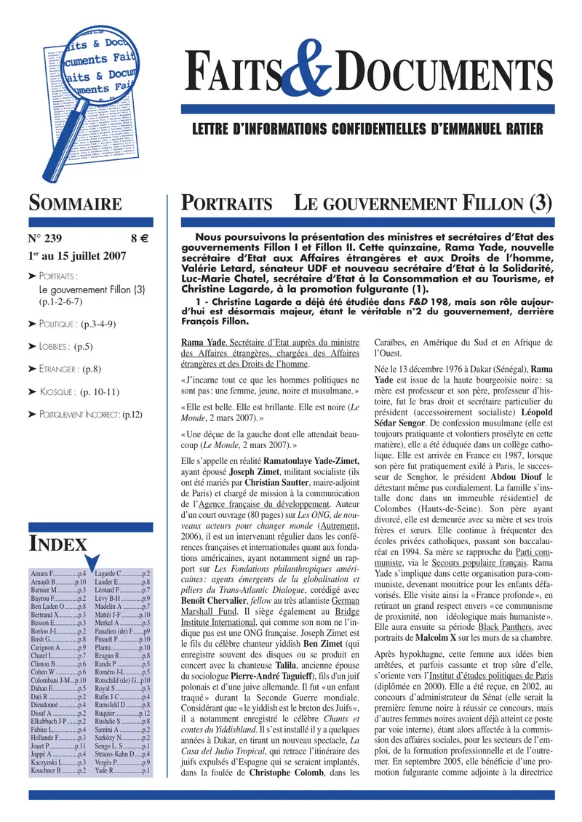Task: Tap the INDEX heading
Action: click(53, 543)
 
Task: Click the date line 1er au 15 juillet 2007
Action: click(77, 256)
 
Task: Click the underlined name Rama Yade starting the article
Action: click(203, 343)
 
